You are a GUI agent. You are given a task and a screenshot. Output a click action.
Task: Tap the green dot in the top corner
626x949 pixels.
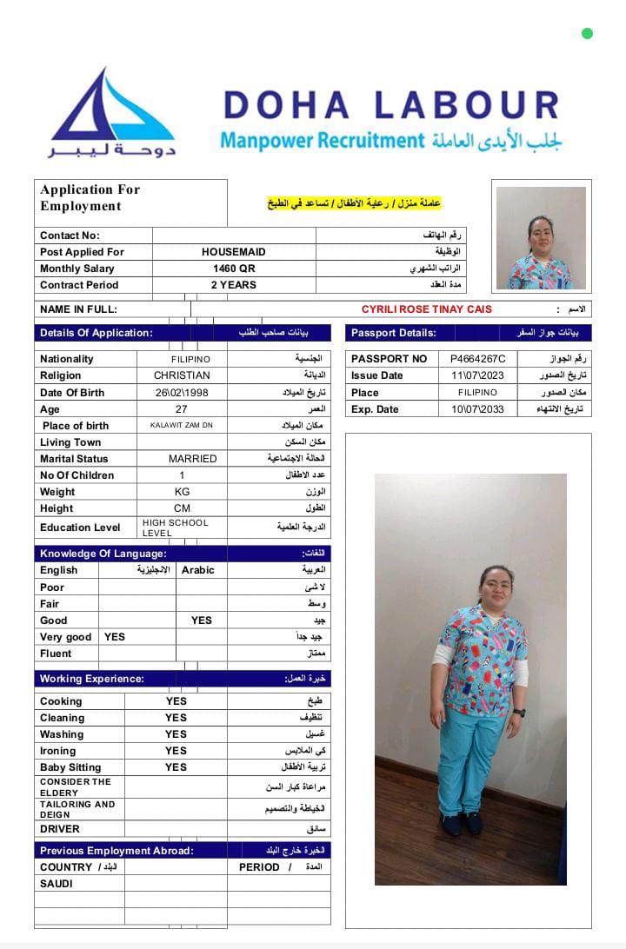coord(587,34)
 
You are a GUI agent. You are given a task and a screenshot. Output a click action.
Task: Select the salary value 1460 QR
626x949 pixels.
coord(234,269)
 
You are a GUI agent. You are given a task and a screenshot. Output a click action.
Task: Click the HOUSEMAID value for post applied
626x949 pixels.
coord(234,252)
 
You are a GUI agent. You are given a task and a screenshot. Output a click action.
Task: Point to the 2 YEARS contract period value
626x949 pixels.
coord(234,285)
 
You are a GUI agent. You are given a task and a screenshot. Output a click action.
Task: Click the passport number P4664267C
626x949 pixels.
coord(477,359)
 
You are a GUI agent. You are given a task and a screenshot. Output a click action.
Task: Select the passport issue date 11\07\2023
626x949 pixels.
coord(477,375)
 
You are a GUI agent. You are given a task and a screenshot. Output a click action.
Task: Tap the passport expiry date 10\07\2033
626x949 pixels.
coord(477,409)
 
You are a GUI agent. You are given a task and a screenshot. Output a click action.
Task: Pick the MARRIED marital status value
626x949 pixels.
coord(193,459)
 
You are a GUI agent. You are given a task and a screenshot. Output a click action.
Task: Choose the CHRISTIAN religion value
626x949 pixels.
coord(182,375)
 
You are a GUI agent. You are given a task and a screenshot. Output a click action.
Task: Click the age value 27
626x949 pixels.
coord(182,409)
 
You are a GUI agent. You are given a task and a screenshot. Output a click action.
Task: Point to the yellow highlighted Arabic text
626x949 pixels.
coord(354,203)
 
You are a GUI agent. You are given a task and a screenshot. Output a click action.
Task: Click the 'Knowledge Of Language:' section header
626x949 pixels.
coord(103,554)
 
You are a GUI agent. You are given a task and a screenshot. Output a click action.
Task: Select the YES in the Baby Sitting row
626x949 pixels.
coord(176,767)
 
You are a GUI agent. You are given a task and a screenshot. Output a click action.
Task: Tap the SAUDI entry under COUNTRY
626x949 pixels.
coord(57,884)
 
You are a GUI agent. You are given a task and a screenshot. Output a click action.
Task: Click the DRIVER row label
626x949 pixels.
coord(60,829)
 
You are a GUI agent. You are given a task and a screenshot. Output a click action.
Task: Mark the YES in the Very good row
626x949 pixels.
coord(115,637)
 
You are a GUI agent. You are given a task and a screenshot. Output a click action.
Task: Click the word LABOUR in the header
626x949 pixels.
coord(468,105)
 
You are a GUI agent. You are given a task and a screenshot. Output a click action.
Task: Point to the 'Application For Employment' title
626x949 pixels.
coord(90,197)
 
